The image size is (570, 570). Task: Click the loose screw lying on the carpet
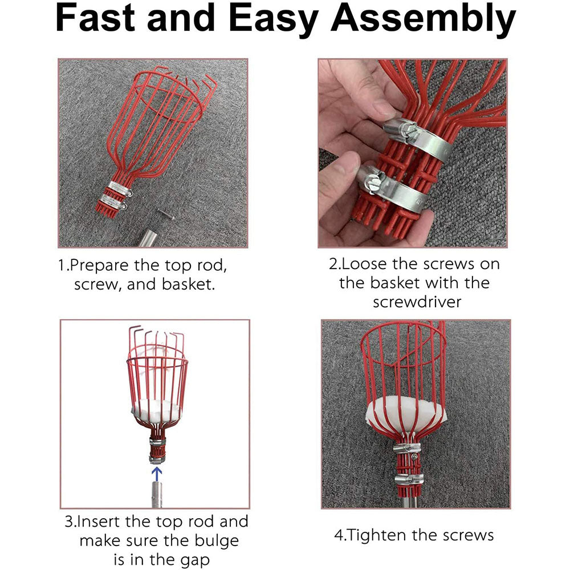click(164, 214)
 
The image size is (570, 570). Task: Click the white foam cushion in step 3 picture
click(155, 409)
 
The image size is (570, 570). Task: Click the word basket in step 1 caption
click(188, 284)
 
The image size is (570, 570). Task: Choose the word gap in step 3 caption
click(194, 559)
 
